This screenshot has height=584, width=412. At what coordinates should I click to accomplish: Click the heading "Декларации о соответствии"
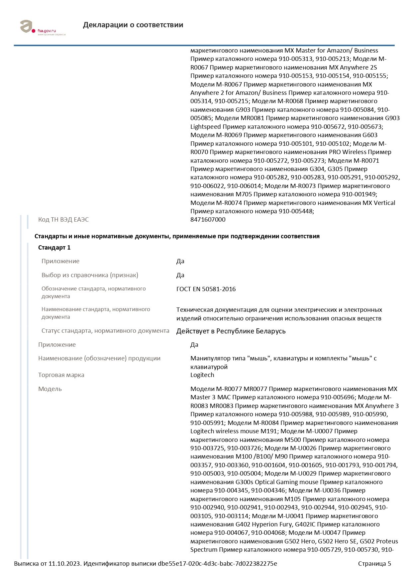[133, 25]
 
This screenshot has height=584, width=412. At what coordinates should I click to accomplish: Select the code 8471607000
[208, 220]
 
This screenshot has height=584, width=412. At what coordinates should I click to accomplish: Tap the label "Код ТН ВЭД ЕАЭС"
[63, 220]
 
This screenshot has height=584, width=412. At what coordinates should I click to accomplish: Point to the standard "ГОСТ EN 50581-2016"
[206, 289]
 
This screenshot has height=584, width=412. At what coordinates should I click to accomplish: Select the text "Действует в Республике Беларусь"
[231, 331]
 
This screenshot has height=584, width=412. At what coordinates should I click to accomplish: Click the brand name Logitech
[202, 375]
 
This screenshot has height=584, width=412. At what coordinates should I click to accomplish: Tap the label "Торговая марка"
[61, 375]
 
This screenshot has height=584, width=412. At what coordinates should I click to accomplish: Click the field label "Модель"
[50, 389]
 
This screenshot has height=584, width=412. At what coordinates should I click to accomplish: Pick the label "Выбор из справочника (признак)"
[90, 275]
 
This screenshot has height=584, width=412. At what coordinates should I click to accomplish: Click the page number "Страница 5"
[374, 564]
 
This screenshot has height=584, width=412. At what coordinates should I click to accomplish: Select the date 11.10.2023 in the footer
[65, 564]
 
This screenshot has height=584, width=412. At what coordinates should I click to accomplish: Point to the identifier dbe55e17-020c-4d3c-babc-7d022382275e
[217, 564]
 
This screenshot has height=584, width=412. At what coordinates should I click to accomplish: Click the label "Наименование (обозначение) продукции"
[99, 358]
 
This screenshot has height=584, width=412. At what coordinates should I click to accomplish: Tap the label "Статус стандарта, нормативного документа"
[105, 331]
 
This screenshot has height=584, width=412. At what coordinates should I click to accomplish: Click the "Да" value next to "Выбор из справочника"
[180, 275]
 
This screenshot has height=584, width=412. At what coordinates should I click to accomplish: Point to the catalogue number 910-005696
[338, 397]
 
